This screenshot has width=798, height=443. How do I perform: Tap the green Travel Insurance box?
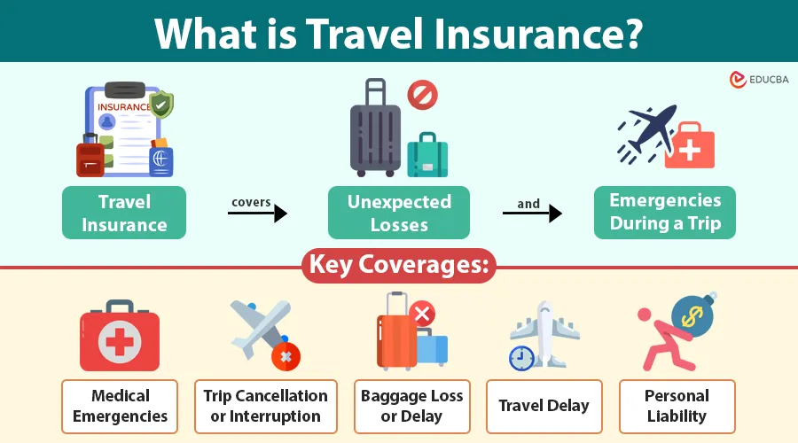(124, 213)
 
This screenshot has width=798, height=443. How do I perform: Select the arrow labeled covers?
(257, 213)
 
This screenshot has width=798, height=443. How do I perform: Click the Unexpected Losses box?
(399, 213)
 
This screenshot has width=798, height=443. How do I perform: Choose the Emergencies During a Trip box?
(665, 212)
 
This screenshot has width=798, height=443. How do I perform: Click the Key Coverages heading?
(398, 265)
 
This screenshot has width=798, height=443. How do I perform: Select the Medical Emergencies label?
(121, 406)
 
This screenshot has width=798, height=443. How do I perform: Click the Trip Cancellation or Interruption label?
(266, 406)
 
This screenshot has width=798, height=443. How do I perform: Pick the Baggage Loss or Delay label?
(412, 406)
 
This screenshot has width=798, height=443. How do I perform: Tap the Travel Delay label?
(544, 406)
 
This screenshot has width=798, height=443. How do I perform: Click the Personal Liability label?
(677, 406)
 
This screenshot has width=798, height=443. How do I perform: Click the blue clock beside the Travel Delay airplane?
(522, 357)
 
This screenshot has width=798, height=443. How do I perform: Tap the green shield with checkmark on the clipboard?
(161, 106)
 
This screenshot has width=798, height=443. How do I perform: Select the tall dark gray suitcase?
(376, 133)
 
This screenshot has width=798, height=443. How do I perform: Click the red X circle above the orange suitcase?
(422, 312)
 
